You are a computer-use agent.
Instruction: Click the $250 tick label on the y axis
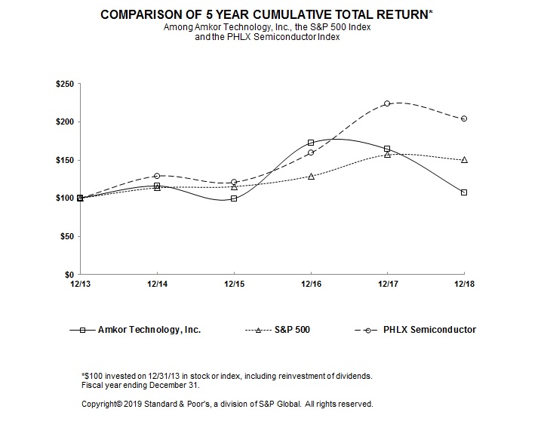coord(64,84)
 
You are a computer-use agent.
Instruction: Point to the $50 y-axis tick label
coord(66,236)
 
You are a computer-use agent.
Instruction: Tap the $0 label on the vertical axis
coord(69,274)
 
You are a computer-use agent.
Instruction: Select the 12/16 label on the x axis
coord(311,283)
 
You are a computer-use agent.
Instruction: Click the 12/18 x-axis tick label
coord(464,283)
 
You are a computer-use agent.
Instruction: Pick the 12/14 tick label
coord(157,283)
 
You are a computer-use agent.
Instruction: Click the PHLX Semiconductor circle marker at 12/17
coord(387,103)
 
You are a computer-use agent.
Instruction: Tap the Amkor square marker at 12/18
coord(464,192)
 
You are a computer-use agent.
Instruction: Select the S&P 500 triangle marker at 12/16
coord(311,176)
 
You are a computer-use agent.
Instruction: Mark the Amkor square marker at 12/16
coord(311,143)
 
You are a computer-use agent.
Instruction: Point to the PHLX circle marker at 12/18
coord(464,118)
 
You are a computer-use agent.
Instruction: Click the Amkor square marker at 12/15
coord(234,198)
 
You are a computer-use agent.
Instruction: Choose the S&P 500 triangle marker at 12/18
coord(464,160)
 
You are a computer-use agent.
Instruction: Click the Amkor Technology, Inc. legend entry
coord(136,330)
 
